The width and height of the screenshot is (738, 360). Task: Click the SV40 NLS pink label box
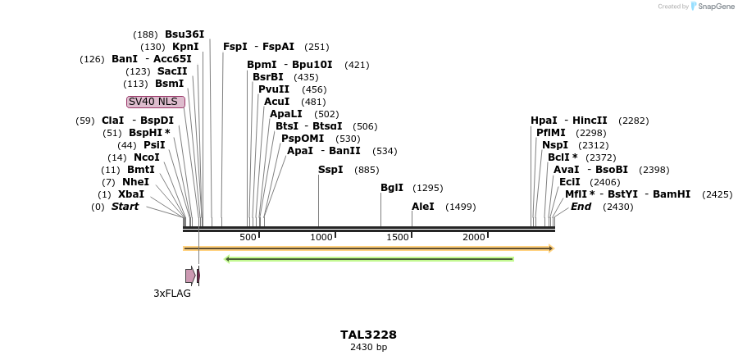coord(156,102)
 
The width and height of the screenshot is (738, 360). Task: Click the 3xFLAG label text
coord(172,293)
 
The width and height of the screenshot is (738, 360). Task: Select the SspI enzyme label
coord(330,170)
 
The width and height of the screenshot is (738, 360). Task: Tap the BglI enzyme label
coord(392,188)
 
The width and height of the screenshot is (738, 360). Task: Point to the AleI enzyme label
coord(423,207)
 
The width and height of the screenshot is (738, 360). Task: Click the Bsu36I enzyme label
coord(184,34)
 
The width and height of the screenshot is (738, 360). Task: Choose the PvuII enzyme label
coord(274,89)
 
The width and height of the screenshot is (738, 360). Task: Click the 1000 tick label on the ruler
coord(321,237)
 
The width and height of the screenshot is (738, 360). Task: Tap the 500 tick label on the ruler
coord(248,237)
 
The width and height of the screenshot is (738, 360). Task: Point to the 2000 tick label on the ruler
coord(474,237)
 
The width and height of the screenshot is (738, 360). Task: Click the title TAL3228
coord(368,335)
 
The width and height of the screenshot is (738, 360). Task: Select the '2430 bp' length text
coord(368,348)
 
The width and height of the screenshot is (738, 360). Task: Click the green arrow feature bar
coord(369,259)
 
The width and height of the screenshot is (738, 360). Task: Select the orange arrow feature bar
coord(368,248)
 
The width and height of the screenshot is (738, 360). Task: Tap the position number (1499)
coord(460,207)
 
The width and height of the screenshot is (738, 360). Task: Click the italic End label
coord(581,207)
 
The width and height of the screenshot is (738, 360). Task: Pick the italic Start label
coord(125,207)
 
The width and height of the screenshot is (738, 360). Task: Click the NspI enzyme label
coord(555,145)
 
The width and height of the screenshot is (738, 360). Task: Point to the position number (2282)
coord(633,121)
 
